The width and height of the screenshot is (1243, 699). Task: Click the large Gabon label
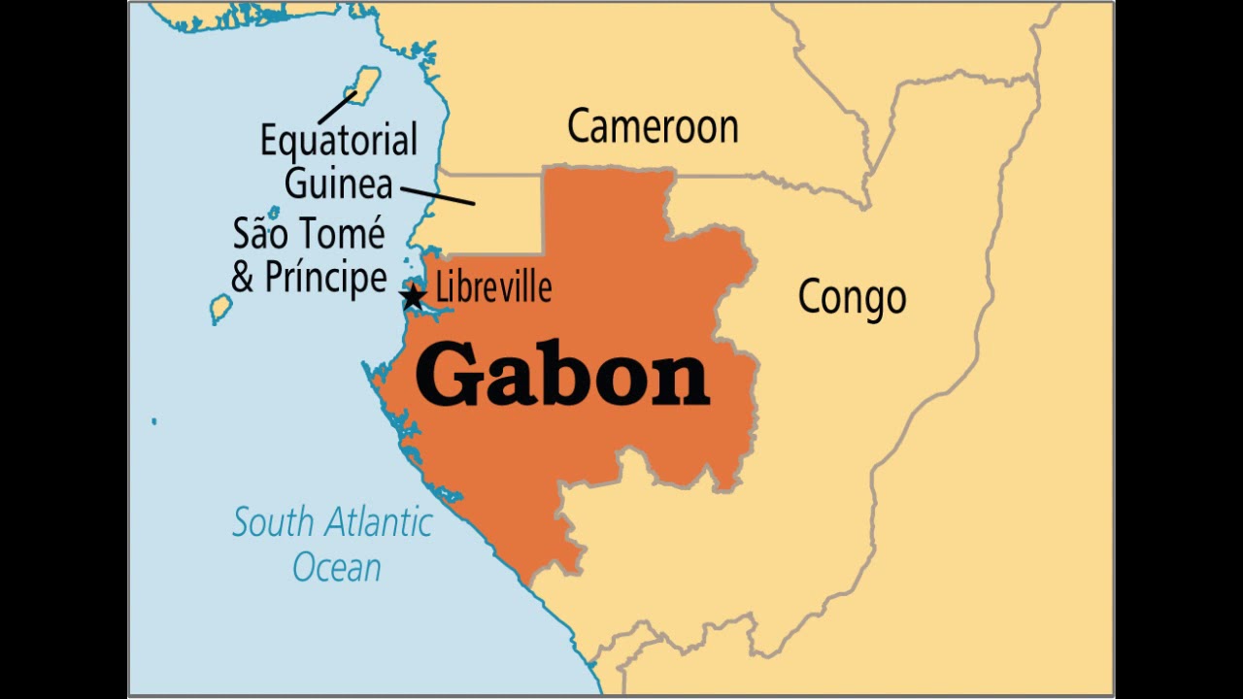(562, 377)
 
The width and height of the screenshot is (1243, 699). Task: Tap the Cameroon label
(653, 127)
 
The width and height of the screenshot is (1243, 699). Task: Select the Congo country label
(852, 298)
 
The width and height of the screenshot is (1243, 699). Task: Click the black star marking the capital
(413, 296)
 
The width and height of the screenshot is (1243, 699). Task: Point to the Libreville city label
(493, 287)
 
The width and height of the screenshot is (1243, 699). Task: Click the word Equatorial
(338, 141)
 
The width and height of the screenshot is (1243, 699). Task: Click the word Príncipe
(326, 278)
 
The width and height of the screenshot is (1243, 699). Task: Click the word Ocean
(337, 568)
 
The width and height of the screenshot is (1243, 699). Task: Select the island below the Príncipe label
(221, 309)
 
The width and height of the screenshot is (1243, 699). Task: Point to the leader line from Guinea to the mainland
(437, 196)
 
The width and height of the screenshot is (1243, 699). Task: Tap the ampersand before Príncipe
(243, 278)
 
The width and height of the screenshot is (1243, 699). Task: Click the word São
(259, 234)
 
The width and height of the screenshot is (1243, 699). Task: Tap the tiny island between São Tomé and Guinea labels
(274, 212)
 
